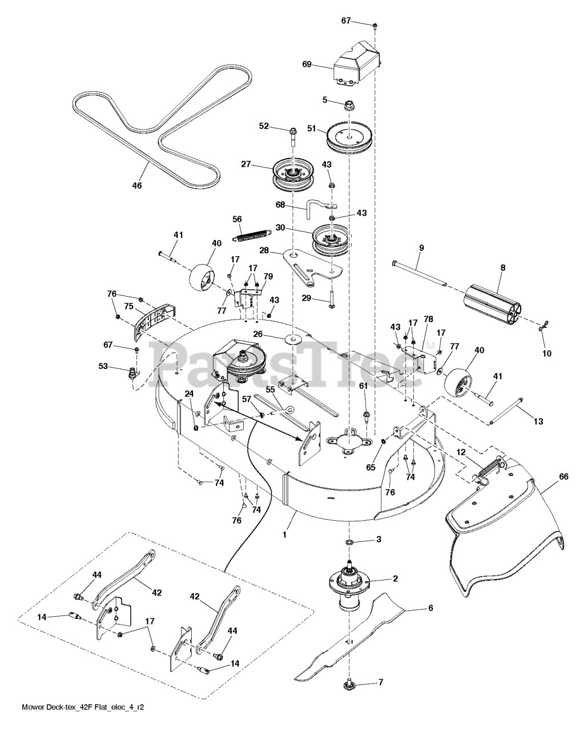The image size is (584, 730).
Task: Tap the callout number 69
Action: [307, 64]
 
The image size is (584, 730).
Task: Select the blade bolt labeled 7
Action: [349, 684]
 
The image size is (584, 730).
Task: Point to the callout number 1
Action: [284, 536]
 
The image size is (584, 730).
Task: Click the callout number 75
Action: [129, 306]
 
